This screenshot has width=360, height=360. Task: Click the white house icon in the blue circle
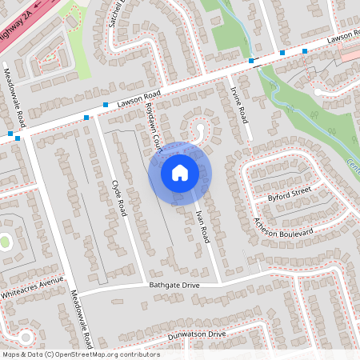tap(180, 172)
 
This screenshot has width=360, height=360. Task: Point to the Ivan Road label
tap(202, 223)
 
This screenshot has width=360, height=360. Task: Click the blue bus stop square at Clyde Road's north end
tap(86, 118)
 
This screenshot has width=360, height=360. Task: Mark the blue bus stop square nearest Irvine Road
tap(251, 61)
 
